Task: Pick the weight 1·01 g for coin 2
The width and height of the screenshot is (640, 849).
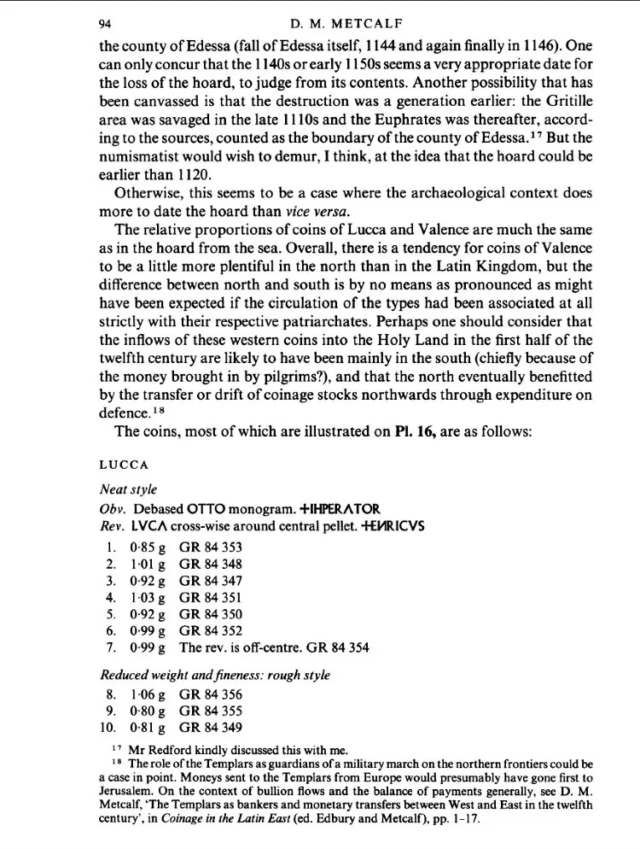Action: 146,565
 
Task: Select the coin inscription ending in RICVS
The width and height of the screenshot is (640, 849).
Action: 380,525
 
